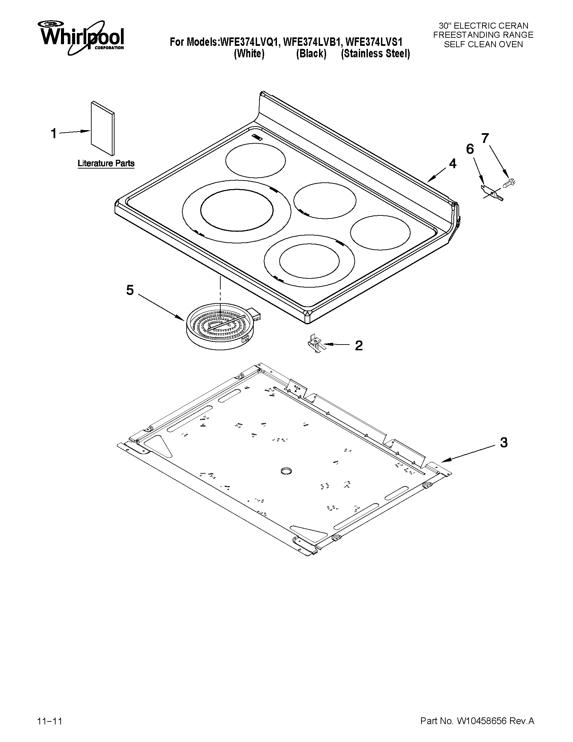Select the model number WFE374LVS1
tap(374, 42)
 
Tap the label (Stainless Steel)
tap(376, 54)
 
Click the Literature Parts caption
tap(106, 164)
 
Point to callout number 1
tap(54, 134)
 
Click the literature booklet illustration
tap(102, 128)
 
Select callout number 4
tap(452, 164)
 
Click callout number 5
tap(130, 290)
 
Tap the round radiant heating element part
tap(220, 328)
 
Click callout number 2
tap(359, 346)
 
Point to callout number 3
tap(504, 442)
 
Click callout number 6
tap(470, 149)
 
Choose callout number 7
tap(485, 138)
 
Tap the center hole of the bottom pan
tap(286, 471)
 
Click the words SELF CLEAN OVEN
tap(483, 44)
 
